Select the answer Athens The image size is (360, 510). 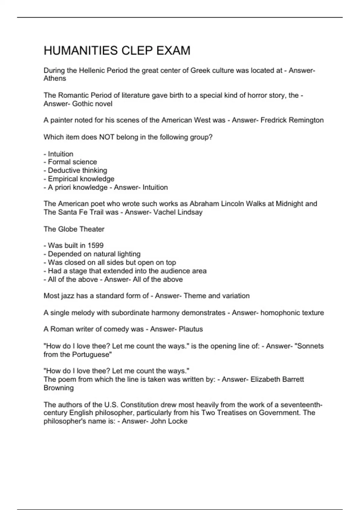pyautogui.click(x=55, y=79)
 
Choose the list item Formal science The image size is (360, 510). pyautogui.click(x=72, y=162)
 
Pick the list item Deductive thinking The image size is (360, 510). pyautogui.click(x=77, y=170)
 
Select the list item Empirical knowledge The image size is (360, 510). pyautogui.click(x=81, y=179)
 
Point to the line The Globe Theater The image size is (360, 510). pyautogui.click(x=74, y=229)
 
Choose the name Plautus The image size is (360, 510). pyautogui.click(x=190, y=329)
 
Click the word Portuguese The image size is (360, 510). pyautogui.click(x=91, y=355)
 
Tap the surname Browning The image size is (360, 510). pyautogui.click(x=58, y=388)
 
